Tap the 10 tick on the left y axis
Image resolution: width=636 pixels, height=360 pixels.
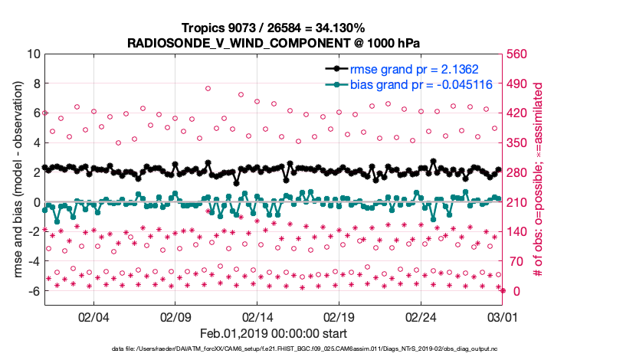click(x=34, y=54)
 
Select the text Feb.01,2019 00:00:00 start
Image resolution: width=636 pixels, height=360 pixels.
click(x=273, y=334)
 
